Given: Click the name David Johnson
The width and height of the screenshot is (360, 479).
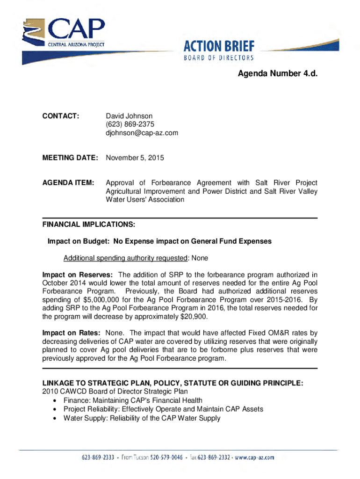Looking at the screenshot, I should (x=129, y=116).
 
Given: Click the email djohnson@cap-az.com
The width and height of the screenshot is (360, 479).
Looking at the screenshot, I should (x=142, y=133).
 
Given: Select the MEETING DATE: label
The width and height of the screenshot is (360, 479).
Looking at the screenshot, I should (x=70, y=158).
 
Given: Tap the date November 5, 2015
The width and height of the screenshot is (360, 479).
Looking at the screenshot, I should (x=135, y=158).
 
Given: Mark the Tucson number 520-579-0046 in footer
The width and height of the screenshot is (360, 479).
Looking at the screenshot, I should (x=167, y=457).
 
